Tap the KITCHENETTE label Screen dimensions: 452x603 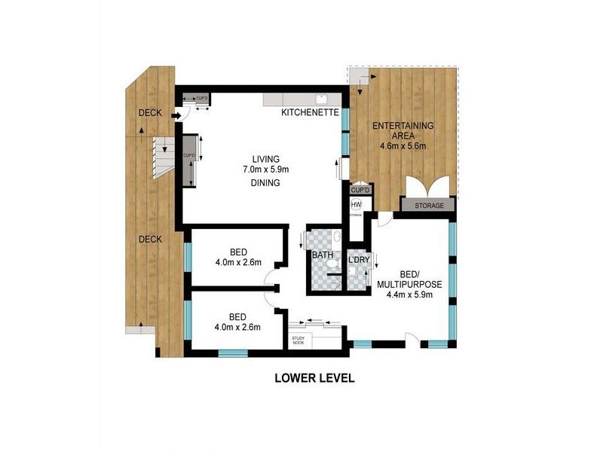pyautogui.click(x=309, y=113)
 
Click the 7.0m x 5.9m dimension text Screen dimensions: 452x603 pyautogui.click(x=266, y=170)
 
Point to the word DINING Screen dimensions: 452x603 pyautogui.click(x=266, y=182)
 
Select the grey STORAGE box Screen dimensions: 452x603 pyautogui.click(x=429, y=205)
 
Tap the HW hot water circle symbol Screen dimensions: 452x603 pyautogui.click(x=357, y=204)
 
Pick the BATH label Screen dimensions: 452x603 pyautogui.click(x=323, y=255)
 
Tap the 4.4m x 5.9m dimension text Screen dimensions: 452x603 pyautogui.click(x=410, y=295)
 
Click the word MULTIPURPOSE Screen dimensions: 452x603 pyautogui.click(x=410, y=284)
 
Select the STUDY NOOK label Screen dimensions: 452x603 pyautogui.click(x=299, y=341)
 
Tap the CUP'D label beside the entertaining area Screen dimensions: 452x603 pyautogui.click(x=357, y=191)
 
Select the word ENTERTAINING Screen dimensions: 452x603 pyautogui.click(x=404, y=125)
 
